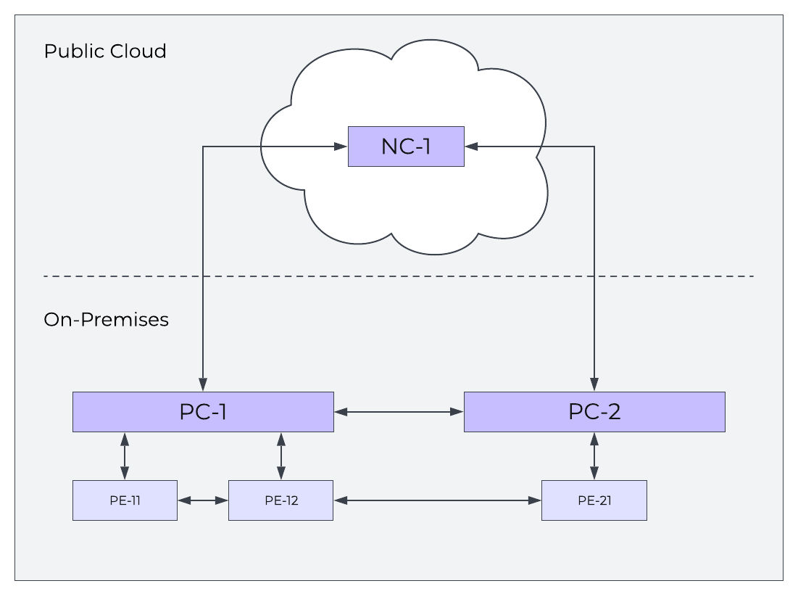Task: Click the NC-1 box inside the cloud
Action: pyautogui.click(x=406, y=147)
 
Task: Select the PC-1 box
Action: pyautogui.click(x=203, y=412)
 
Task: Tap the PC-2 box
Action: pyautogui.click(x=594, y=412)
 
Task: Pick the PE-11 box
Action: pyautogui.click(x=125, y=500)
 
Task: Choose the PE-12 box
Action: pyautogui.click(x=280, y=500)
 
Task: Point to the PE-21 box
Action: pyautogui.click(x=594, y=500)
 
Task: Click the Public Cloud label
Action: pyautogui.click(x=105, y=51)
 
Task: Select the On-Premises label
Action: pyautogui.click(x=107, y=320)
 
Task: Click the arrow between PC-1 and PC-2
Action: pyautogui.click(x=399, y=412)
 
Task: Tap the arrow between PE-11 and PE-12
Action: pyautogui.click(x=203, y=500)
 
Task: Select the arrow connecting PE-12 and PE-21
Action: pyautogui.click(x=437, y=500)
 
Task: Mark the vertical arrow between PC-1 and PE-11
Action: pyautogui.click(x=125, y=455)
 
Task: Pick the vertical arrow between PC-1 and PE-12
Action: pyautogui.click(x=281, y=455)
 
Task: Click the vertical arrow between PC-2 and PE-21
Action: pyautogui.click(x=594, y=455)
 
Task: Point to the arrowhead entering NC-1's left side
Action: pyautogui.click(x=341, y=147)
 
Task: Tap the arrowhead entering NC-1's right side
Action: pyautogui.click(x=471, y=147)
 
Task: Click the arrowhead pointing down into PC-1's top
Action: pyautogui.click(x=203, y=385)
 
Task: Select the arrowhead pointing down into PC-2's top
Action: pyautogui.click(x=594, y=385)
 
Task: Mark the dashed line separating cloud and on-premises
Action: pyautogui.click(x=399, y=276)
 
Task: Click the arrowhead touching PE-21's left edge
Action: pyautogui.click(x=535, y=500)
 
